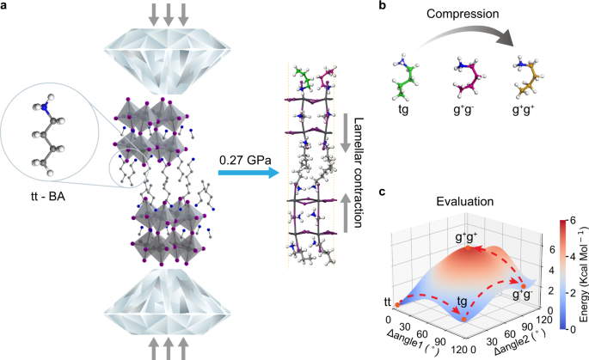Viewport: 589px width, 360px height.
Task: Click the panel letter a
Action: coord(5,7)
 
